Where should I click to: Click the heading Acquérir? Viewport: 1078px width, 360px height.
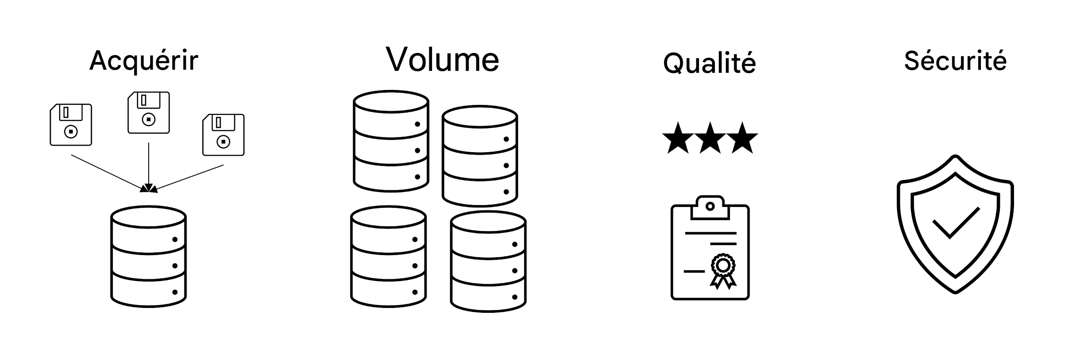[144, 61]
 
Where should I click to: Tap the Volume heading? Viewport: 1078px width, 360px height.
[443, 59]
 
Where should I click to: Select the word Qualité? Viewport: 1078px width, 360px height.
[709, 63]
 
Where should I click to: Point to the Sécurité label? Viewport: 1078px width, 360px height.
[955, 61]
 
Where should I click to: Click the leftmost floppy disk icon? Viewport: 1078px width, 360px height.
[71, 125]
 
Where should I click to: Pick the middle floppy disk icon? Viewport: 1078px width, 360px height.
[149, 112]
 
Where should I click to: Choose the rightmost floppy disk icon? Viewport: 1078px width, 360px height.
[223, 135]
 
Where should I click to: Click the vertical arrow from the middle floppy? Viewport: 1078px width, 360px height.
[149, 165]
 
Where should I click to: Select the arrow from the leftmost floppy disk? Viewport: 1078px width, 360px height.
[108, 173]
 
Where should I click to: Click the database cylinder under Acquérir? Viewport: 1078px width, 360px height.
[148, 256]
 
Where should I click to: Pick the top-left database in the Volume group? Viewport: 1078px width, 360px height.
[391, 141]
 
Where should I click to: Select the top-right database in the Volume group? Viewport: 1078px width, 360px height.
[480, 156]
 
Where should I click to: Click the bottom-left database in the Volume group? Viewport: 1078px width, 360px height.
[388, 256]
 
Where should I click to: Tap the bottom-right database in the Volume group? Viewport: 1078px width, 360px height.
[488, 262]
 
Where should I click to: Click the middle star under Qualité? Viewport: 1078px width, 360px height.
[710, 139]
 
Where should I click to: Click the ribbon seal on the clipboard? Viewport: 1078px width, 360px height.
[723, 270]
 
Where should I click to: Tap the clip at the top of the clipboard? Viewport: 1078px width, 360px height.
[710, 207]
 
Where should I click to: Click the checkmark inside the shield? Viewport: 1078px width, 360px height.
[955, 223]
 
